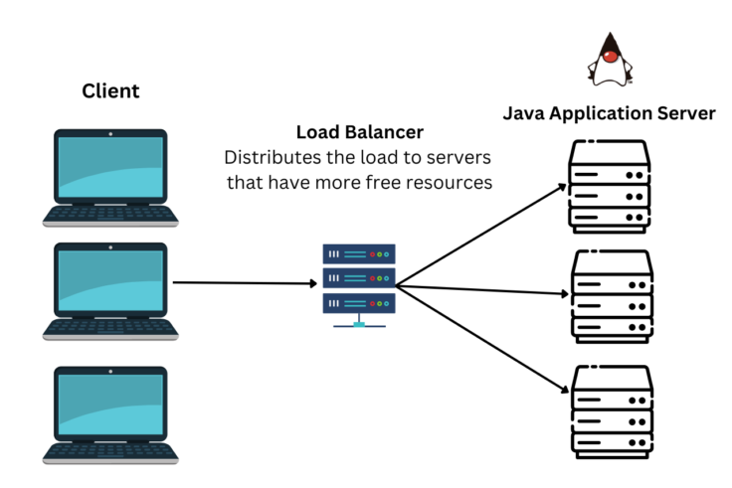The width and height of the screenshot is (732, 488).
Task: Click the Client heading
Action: coord(110,91)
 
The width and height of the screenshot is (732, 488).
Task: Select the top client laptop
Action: coord(110,178)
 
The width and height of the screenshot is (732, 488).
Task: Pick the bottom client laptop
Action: coord(110,413)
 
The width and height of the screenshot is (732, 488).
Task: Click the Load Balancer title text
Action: coord(359,132)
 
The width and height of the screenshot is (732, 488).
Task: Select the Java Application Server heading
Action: coord(609,113)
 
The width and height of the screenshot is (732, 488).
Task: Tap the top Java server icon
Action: coord(609,186)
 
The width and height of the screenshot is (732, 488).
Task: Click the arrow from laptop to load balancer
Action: coord(244,283)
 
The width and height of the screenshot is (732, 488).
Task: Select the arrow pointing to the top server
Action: coord(482,235)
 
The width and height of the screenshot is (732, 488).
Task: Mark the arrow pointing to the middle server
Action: coord(482,289)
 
